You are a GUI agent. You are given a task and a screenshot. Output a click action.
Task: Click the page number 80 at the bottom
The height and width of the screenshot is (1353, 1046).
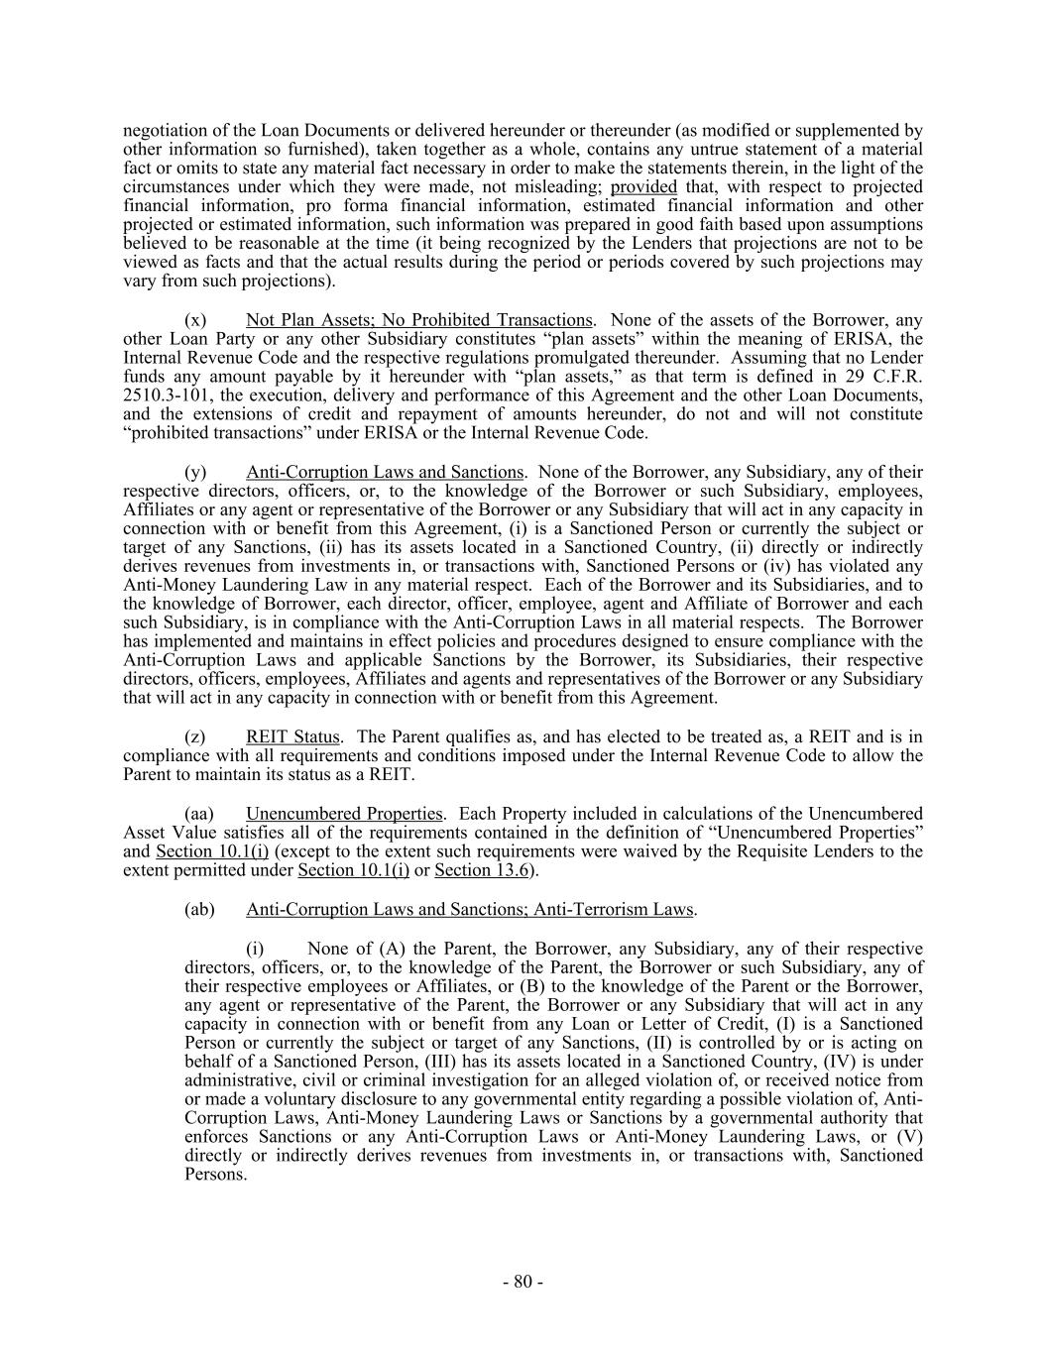point(522,1282)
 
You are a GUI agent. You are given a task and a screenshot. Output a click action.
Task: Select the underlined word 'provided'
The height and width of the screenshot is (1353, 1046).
point(643,187)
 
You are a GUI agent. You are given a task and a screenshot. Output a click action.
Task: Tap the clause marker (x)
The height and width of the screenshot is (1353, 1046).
point(195,320)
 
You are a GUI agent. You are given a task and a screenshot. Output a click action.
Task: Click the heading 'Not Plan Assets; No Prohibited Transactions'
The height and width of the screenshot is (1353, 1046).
point(418,320)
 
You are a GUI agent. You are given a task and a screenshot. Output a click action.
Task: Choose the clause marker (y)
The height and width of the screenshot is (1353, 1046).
point(195,472)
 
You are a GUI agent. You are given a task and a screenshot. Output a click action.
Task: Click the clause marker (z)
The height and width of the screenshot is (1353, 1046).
point(195,736)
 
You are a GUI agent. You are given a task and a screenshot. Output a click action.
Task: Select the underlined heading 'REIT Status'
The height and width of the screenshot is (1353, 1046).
point(292,736)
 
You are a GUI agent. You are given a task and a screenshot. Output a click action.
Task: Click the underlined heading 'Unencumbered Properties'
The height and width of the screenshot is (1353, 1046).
point(344,813)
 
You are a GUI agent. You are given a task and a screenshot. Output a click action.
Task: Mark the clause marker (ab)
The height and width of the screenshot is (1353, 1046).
point(199,909)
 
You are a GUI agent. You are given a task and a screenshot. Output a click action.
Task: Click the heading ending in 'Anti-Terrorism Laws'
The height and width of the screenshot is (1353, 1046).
point(470,909)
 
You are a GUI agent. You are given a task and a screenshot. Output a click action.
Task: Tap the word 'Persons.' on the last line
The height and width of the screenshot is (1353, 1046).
point(215,1175)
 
